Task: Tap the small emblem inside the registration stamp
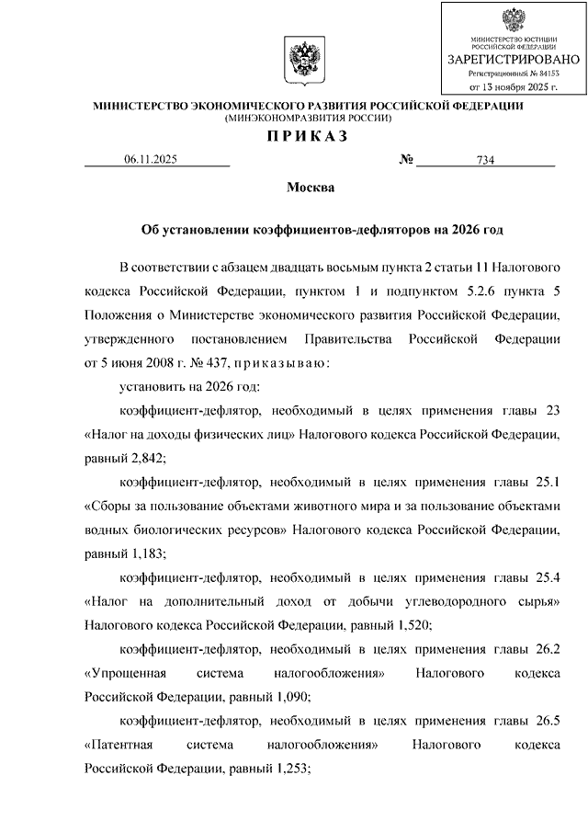pyautogui.click(x=513, y=21)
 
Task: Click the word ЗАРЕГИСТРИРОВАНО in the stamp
pyautogui.click(x=513, y=59)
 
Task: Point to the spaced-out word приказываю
pyautogui.click(x=278, y=363)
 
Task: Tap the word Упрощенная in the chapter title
pyautogui.click(x=128, y=673)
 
